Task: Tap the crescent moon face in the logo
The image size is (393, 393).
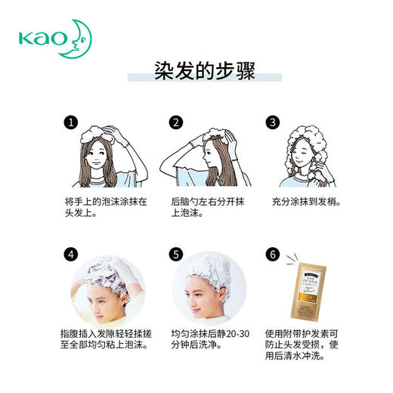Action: click(x=80, y=36)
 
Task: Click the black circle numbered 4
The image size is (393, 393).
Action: click(x=70, y=254)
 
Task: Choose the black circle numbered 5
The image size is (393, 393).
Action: click(x=175, y=254)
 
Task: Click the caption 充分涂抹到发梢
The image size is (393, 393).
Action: click(x=306, y=203)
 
